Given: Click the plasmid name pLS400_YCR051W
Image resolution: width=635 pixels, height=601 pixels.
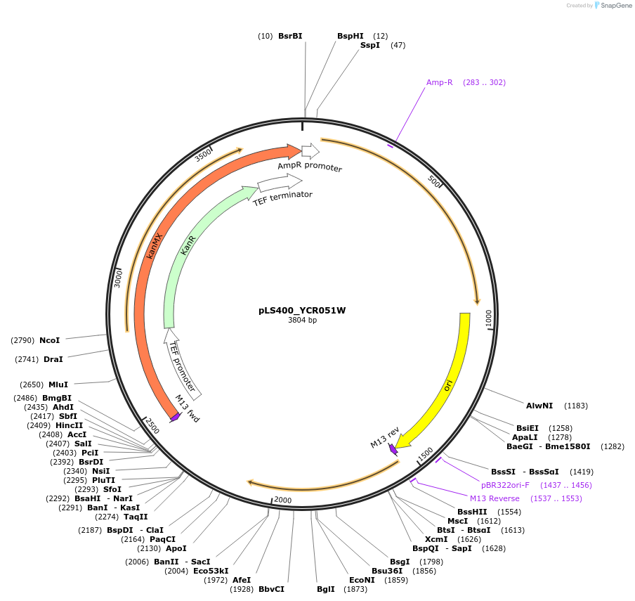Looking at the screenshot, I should coord(302,310).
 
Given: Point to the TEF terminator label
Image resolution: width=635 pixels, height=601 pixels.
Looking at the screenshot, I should coord(282,195).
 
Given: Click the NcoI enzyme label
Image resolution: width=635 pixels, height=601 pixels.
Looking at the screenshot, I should coord(49,340).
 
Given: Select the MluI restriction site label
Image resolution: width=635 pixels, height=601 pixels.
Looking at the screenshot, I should coord(58,384).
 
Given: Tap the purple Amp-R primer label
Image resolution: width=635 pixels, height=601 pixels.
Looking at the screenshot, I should coord(440,82).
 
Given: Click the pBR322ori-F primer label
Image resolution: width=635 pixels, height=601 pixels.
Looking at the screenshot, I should coord(505,485).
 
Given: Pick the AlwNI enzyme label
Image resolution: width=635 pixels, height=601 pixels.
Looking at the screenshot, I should coord(539,406).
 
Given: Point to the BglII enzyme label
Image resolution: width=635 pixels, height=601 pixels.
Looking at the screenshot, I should coord(325,589).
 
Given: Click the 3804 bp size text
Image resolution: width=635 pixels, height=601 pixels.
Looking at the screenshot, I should coord(302,321).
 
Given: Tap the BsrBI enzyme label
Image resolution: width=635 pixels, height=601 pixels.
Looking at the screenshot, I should coord(290,35).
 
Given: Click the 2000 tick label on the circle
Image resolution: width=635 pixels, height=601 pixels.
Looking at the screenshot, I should coord(282,500).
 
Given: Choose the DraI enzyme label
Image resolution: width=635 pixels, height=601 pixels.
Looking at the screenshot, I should coord(53,359).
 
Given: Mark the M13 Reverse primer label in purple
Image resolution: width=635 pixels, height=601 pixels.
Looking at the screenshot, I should coord(495,498).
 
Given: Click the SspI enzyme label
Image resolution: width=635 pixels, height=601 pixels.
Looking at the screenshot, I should coord(370,45).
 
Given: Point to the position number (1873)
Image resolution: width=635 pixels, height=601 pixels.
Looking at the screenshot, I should coord(355,589).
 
